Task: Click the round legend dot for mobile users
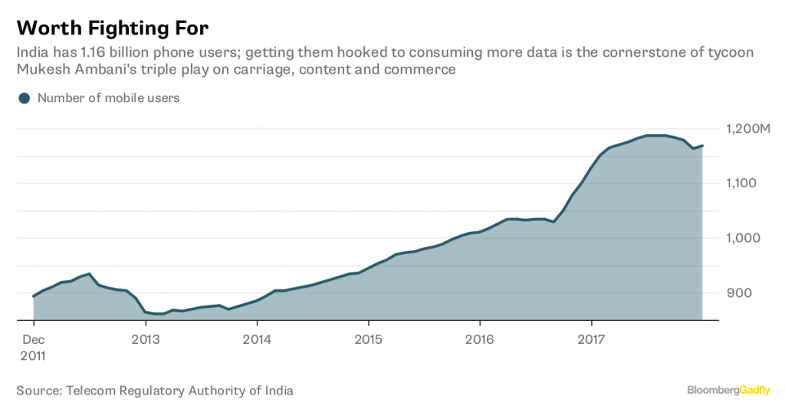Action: pos(25,98)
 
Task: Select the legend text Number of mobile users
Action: pos(108,98)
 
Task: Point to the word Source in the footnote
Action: pos(36,391)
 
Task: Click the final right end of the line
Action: pos(702,146)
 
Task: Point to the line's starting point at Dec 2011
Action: pos(34,296)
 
